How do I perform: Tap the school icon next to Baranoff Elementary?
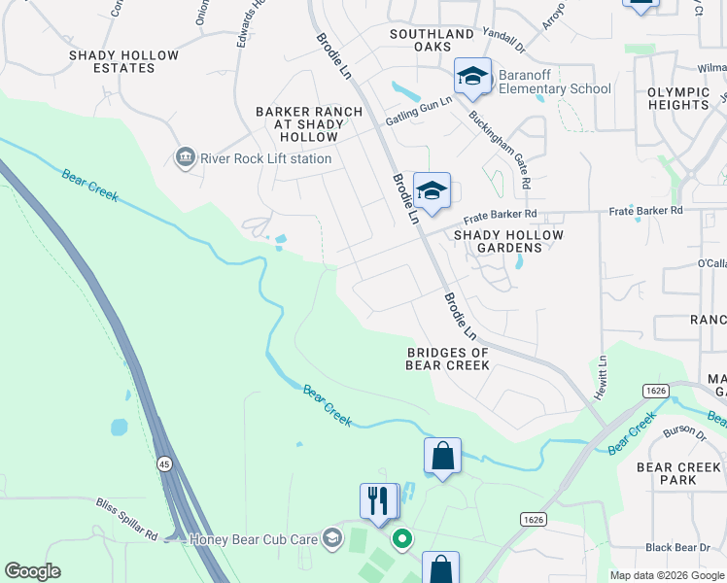click(x=473, y=77)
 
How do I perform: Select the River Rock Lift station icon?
click(x=184, y=157)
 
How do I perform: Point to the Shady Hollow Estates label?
click(x=124, y=61)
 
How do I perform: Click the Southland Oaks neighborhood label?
click(x=432, y=40)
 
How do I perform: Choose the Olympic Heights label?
click(x=678, y=98)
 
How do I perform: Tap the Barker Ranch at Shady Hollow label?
click(x=309, y=124)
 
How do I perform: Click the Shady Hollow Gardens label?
click(x=509, y=241)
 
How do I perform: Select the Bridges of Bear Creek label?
click(x=447, y=359)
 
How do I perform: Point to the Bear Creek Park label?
click(x=678, y=473)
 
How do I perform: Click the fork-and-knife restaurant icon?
click(x=378, y=499)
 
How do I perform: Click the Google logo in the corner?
click(x=32, y=571)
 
